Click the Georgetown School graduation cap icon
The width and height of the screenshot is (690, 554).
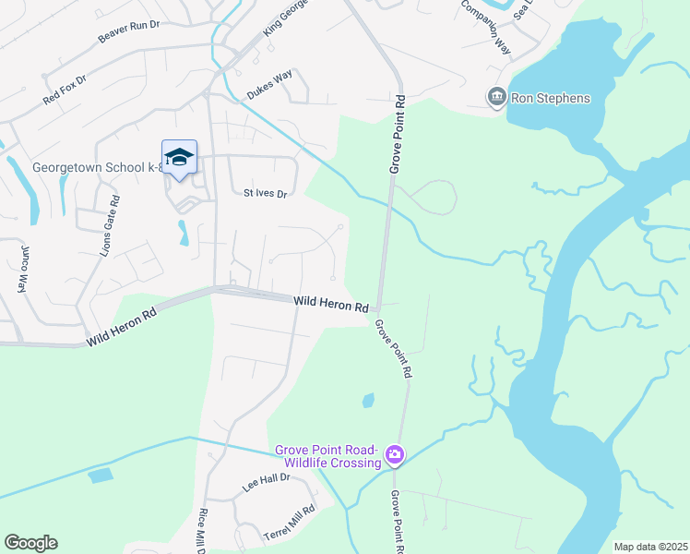(179, 156)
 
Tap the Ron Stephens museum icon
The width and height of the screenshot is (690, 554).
(496, 97)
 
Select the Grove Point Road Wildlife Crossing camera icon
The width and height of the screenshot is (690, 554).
(395, 454)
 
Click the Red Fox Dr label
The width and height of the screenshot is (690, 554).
(65, 90)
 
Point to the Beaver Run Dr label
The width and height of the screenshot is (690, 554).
(128, 32)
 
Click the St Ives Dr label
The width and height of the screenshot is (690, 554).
(266, 194)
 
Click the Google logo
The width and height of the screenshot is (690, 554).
(30, 543)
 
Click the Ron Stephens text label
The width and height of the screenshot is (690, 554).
(553, 98)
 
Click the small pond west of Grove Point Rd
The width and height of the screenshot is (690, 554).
(368, 401)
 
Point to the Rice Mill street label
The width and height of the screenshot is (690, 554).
(201, 531)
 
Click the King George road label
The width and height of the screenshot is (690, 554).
(283, 18)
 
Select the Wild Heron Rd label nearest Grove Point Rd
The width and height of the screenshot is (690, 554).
(331, 304)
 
